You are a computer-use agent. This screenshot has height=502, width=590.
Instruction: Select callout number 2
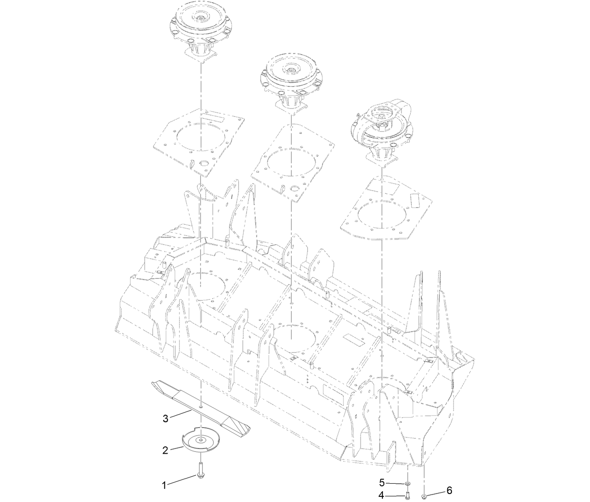click(x=165, y=450)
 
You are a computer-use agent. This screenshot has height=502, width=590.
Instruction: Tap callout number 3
click(x=165, y=418)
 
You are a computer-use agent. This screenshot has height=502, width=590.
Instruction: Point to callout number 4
click(x=382, y=495)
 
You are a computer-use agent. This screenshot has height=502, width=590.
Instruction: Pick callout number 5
click(x=382, y=482)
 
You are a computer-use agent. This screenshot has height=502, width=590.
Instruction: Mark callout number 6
click(x=449, y=491)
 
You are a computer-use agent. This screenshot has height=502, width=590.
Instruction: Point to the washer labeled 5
click(x=407, y=483)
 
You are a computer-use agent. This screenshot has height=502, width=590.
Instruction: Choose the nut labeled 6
click(x=424, y=495)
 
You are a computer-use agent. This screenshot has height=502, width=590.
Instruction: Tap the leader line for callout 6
click(x=435, y=493)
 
